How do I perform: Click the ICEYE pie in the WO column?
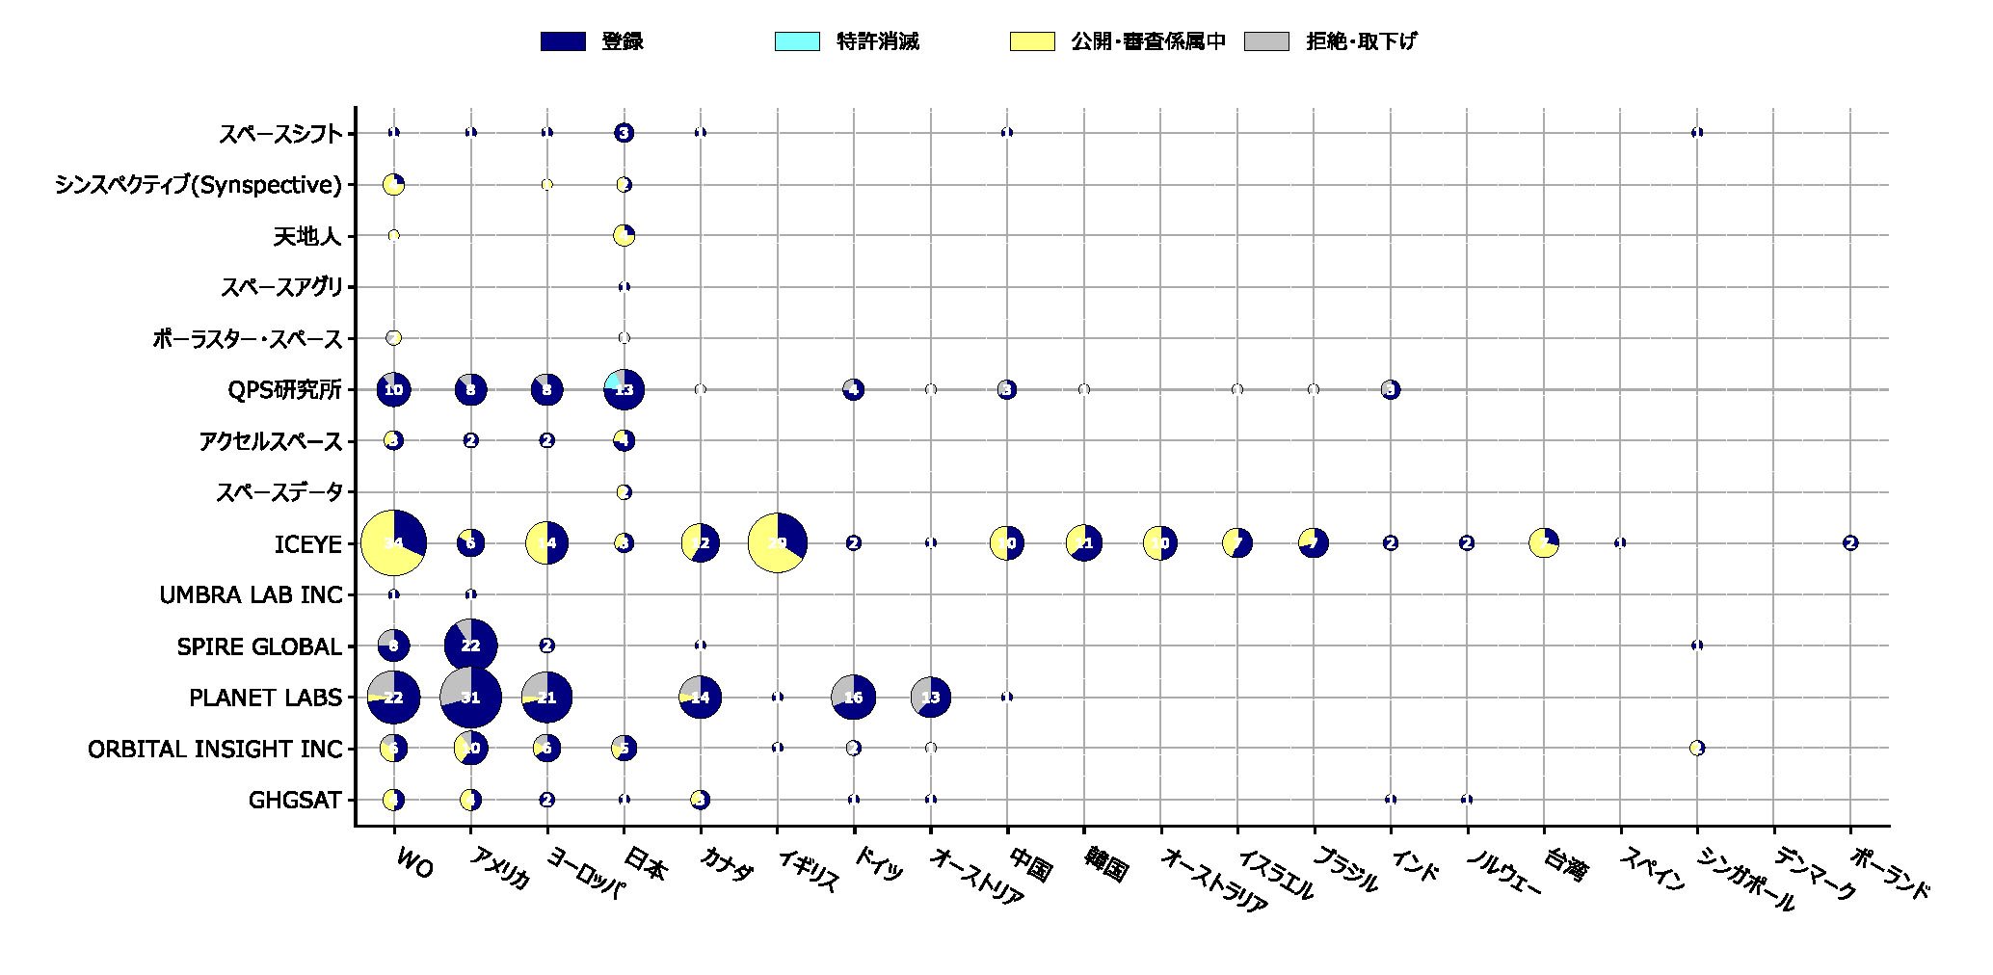pyautogui.click(x=393, y=543)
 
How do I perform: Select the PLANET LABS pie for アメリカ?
pyautogui.click(x=470, y=697)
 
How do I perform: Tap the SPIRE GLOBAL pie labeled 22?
pyautogui.click(x=470, y=646)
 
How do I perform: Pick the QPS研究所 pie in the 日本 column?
pyautogui.click(x=624, y=389)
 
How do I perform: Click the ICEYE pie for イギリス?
pyautogui.click(x=777, y=543)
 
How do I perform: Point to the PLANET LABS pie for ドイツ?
pyautogui.click(x=853, y=697)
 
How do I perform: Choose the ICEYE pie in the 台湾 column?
pyautogui.click(x=1544, y=543)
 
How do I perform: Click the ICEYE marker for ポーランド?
pyautogui.click(x=1849, y=543)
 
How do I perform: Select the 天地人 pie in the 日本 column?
pyautogui.click(x=624, y=235)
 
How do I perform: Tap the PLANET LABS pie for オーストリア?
pyautogui.click(x=930, y=697)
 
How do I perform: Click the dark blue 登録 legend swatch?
pyautogui.click(x=563, y=41)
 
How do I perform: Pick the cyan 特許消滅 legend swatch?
pyautogui.click(x=797, y=41)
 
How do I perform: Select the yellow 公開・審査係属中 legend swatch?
pyautogui.click(x=1032, y=41)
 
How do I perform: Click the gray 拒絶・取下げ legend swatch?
pyautogui.click(x=1266, y=41)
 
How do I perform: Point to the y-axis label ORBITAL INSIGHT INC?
pyautogui.click(x=215, y=749)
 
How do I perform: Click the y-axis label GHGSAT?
pyautogui.click(x=295, y=800)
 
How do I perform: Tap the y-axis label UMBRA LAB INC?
pyautogui.click(x=251, y=595)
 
